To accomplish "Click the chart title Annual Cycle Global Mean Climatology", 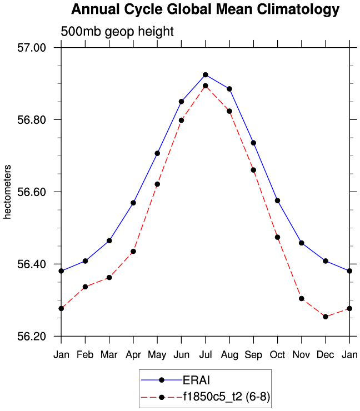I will tap(205, 9).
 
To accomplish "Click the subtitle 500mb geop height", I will tap(117, 32).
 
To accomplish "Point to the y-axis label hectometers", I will tap(8, 192).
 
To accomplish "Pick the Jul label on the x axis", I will tap(205, 354).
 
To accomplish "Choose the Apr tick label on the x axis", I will tap(133, 354).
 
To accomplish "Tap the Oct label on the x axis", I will tap(277, 354).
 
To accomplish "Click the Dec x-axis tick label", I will tap(326, 354).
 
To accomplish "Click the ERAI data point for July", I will tap(206, 74).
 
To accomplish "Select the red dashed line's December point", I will tap(326, 317).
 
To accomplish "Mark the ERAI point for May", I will tap(157, 153).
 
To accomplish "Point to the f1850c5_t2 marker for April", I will tap(133, 251).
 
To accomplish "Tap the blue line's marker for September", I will tap(253, 143).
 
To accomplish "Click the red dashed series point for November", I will tap(302, 298).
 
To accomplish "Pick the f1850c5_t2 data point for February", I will tap(85, 287).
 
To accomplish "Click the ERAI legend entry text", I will tap(196, 380).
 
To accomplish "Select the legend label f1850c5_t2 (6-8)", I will tap(226, 397).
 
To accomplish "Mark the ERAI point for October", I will tap(277, 200).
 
